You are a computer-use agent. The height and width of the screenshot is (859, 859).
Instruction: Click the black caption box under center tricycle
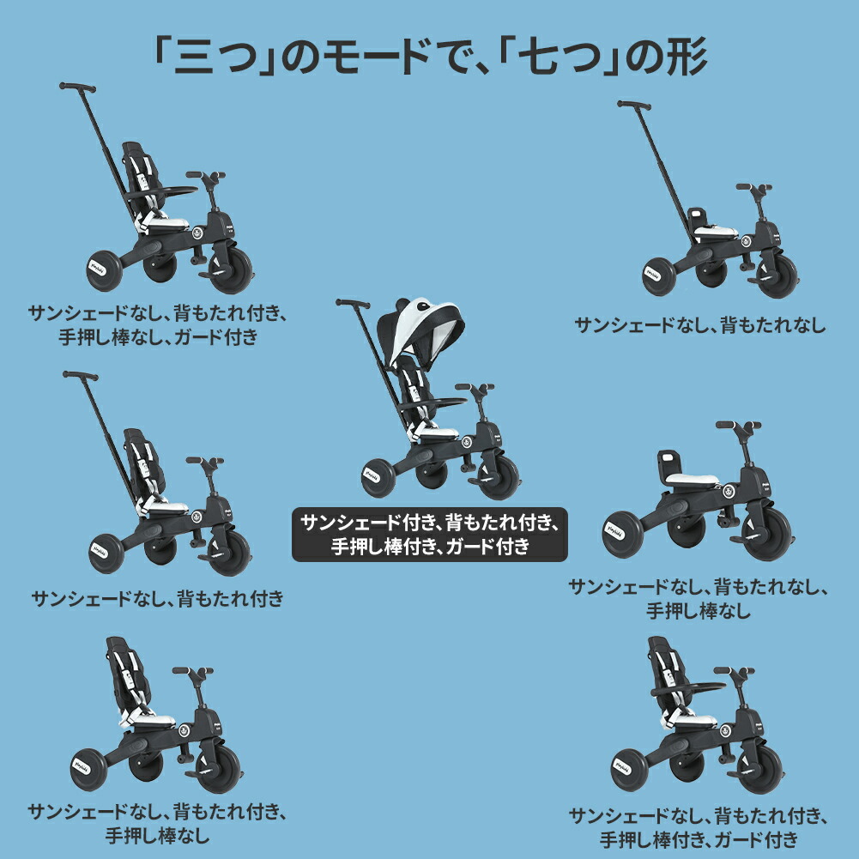pos(430,534)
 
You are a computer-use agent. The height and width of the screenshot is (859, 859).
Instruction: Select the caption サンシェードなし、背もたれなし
pos(699,325)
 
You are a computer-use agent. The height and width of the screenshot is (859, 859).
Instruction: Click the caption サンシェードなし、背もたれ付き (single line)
pos(157,598)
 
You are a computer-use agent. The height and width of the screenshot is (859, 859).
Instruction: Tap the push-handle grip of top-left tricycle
pos(76,88)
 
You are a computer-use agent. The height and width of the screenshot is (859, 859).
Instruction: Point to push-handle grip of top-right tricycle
pos(634,106)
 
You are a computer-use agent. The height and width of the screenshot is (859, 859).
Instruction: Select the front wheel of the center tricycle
pos(498,476)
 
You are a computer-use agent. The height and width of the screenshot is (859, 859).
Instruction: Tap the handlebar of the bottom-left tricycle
pos(193,671)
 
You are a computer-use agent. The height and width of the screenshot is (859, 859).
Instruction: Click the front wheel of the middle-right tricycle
pos(765,532)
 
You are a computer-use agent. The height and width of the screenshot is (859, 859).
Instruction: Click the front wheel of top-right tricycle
pos(777,275)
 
